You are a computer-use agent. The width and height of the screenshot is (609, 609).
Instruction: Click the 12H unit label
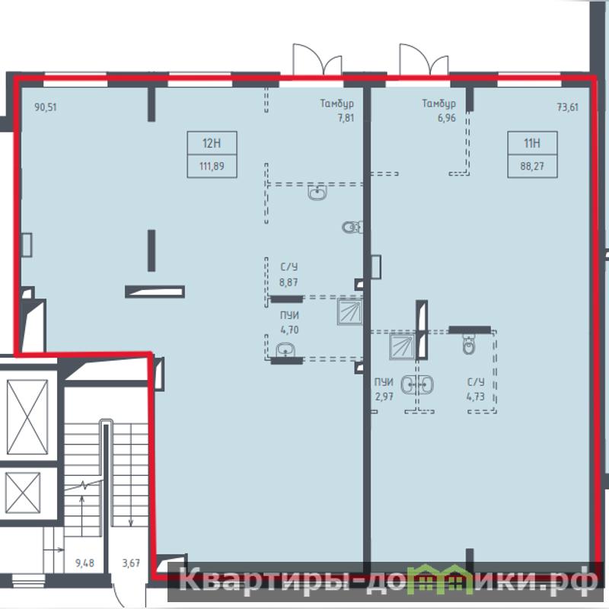[212, 143]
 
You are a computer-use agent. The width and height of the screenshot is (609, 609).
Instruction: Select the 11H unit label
[532, 143]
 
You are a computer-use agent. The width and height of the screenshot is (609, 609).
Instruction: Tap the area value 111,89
[212, 166]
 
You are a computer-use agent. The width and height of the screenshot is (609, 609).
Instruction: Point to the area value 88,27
[532, 166]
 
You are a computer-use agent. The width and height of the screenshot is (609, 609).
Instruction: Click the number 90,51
[46, 107]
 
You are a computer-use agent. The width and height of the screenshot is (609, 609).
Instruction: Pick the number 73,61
[567, 107]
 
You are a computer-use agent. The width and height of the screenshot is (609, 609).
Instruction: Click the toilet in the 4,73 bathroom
[469, 344]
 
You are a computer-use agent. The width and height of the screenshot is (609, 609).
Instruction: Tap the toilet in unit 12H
[352, 227]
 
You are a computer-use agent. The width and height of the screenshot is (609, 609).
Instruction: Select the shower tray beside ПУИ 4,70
[349, 311]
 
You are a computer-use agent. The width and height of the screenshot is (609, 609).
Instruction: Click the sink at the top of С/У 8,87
[317, 193]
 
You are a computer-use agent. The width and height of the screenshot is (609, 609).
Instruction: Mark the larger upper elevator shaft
[27, 417]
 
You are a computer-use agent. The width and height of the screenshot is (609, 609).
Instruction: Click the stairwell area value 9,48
[84, 563]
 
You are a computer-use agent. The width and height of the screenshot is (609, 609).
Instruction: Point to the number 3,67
[131, 563]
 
